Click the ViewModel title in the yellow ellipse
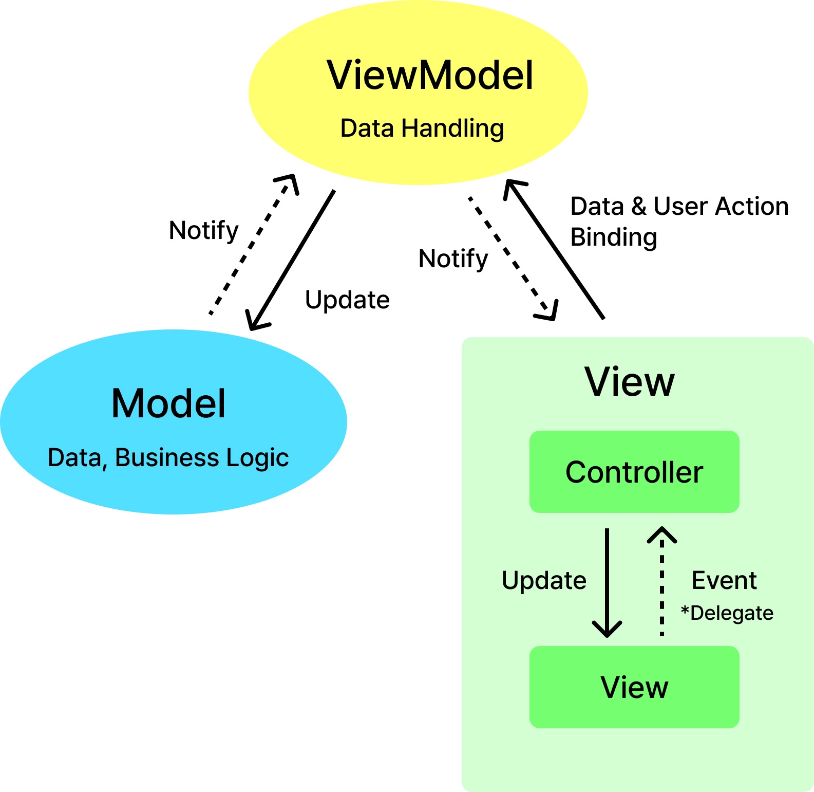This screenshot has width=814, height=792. [x=430, y=75]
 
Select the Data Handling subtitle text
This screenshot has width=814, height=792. [x=422, y=128]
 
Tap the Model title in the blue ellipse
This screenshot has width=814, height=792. [x=168, y=403]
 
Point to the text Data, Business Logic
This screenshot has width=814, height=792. [x=168, y=457]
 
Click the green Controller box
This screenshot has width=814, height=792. [x=634, y=472]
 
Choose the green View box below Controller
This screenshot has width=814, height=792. [x=634, y=687]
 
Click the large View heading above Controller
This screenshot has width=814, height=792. [x=630, y=382]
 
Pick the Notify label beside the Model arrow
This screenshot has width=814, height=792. [x=203, y=230]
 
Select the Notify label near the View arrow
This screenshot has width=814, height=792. [x=453, y=259]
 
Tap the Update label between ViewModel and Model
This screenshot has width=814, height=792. [x=347, y=300]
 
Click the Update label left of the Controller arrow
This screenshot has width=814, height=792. [x=544, y=580]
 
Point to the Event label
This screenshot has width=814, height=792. [x=724, y=580]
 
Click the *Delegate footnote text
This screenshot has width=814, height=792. [x=727, y=613]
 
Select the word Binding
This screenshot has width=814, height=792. [x=614, y=237]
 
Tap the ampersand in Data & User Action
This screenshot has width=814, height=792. [x=639, y=206]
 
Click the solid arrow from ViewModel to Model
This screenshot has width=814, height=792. [x=291, y=260]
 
